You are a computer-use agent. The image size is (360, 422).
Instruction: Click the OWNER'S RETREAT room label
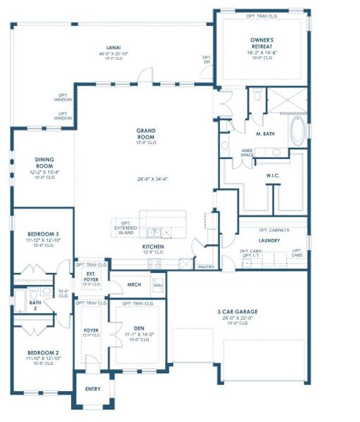pos(261,41)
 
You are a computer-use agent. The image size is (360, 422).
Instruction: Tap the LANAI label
pos(114,47)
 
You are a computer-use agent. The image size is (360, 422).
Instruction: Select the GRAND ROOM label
pos(146,131)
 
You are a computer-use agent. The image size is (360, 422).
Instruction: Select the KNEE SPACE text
pos(248,152)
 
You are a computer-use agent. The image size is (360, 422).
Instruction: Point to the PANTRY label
pos(206,267)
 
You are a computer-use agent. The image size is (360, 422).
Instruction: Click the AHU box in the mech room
pos(157,285)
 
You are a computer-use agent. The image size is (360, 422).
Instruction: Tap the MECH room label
pos(134,285)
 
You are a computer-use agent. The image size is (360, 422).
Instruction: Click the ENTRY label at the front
pos(93,388)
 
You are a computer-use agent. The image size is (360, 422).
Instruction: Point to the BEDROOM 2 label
pos(43,352)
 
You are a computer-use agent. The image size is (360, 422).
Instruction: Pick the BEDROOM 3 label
pos(43,234)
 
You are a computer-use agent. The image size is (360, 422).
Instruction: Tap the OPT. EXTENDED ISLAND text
pos(124,226)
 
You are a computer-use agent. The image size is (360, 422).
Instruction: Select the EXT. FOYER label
pos(91,276)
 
